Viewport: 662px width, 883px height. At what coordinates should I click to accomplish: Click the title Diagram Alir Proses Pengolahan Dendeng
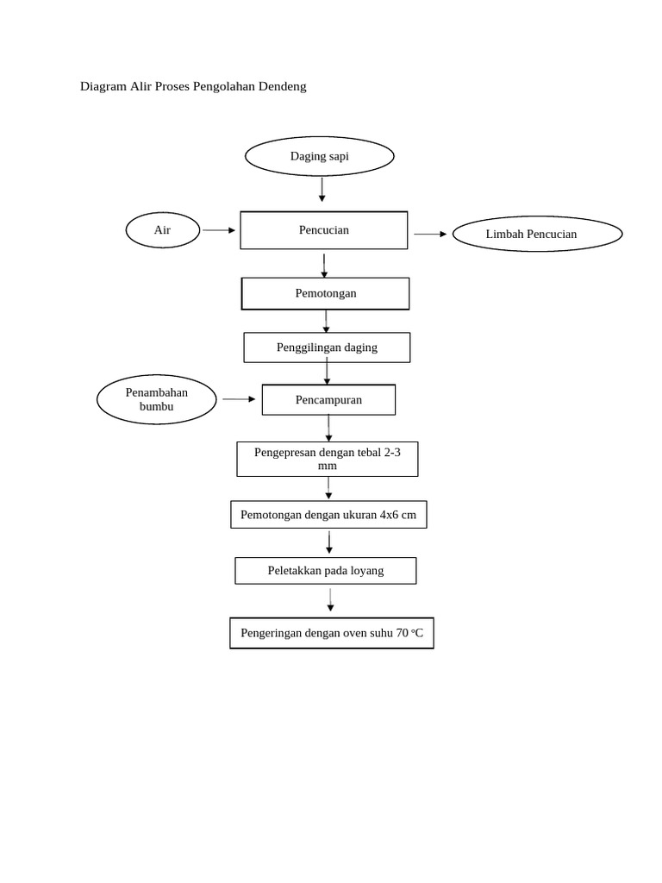click(x=193, y=86)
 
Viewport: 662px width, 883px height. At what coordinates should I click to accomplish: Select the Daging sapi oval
click(x=320, y=156)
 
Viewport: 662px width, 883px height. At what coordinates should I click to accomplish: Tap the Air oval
click(x=163, y=230)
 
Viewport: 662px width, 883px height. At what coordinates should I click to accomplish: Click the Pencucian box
click(x=323, y=230)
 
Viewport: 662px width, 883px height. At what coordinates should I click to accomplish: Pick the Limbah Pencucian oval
click(x=537, y=234)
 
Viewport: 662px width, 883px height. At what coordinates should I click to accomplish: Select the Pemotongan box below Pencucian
click(x=325, y=293)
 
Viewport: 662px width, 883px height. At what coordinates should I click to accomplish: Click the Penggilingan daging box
click(x=327, y=348)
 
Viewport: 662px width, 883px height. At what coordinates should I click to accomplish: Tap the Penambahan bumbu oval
click(x=156, y=399)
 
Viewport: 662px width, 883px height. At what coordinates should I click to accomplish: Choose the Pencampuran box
click(x=328, y=400)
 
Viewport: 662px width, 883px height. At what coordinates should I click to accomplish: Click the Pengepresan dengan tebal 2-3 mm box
click(x=328, y=459)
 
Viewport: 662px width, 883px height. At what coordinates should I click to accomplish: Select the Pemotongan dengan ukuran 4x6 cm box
click(x=328, y=515)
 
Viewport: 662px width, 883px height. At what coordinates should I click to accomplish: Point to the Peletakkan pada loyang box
click(x=326, y=570)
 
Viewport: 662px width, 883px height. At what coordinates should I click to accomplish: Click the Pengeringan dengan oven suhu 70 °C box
click(x=332, y=633)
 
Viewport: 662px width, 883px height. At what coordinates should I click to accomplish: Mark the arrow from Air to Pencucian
click(x=219, y=230)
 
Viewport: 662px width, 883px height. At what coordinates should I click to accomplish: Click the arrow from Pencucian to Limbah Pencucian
click(x=430, y=234)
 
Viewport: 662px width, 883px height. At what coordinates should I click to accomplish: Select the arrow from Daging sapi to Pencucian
click(x=322, y=189)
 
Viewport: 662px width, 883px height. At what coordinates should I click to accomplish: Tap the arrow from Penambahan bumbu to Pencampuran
click(x=239, y=399)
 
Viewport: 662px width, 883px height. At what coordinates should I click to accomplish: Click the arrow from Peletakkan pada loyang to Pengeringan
click(x=330, y=601)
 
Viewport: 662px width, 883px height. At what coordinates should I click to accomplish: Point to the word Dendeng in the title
click(x=280, y=86)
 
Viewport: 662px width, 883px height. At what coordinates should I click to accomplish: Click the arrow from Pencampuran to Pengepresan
click(x=328, y=429)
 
